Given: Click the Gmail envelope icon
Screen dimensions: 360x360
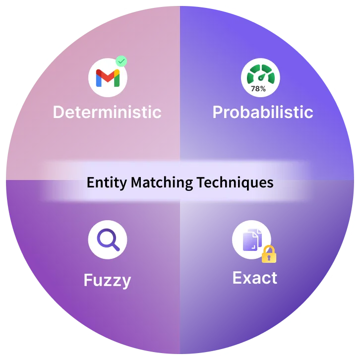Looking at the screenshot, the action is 108,78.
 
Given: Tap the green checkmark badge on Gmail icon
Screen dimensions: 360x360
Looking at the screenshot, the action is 121,61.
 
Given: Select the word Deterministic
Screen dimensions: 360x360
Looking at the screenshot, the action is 107,112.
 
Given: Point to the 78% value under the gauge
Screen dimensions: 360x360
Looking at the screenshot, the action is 258,89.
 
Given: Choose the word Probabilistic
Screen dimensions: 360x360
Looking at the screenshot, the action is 263,112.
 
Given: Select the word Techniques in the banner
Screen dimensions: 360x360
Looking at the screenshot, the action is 235,182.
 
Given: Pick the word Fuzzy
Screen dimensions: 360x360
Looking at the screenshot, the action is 107,281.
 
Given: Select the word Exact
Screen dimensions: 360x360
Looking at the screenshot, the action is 255,278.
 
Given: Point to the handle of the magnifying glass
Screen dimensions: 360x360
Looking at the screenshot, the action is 116,247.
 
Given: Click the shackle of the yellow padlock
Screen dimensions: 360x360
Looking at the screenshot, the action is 269,248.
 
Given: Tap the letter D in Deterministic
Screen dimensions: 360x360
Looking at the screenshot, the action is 58,112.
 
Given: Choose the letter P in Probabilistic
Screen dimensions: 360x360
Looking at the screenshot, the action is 218,112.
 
